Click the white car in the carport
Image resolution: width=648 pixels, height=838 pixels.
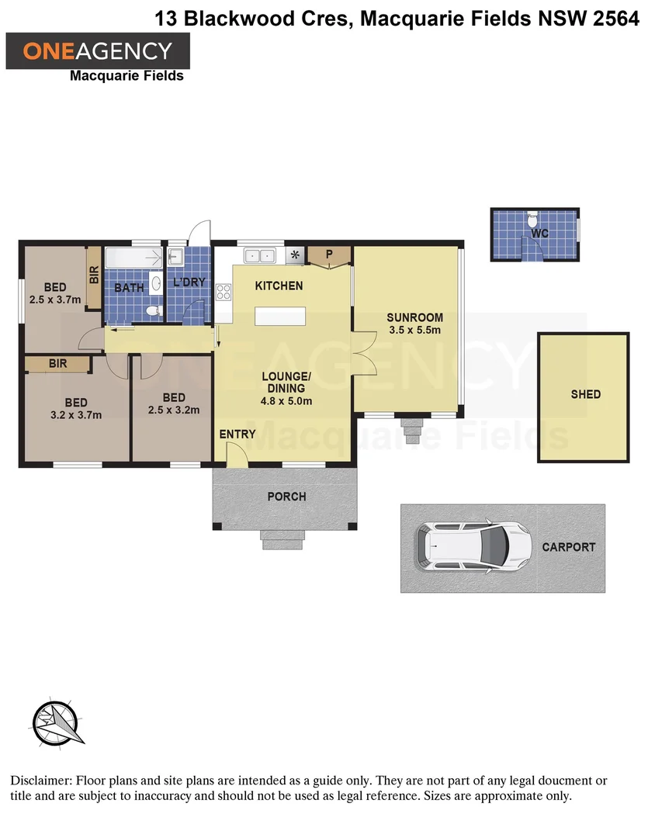pyautogui.click(x=473, y=548)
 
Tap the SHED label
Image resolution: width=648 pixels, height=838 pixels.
pyautogui.click(x=585, y=394)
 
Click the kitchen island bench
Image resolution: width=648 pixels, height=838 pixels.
pyautogui.click(x=280, y=317)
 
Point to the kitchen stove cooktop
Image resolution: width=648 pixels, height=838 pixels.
pyautogui.click(x=224, y=293)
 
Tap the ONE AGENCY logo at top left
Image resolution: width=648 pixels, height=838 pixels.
pyautogui.click(x=98, y=51)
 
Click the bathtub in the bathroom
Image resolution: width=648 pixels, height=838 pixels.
pyautogui.click(x=133, y=257)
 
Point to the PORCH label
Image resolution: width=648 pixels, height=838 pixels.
pyautogui.click(x=286, y=497)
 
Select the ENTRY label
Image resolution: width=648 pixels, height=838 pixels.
pyautogui.click(x=237, y=435)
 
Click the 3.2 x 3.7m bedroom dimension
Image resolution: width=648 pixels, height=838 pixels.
pyautogui.click(x=76, y=414)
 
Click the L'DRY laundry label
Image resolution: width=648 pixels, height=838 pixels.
pyautogui.click(x=189, y=282)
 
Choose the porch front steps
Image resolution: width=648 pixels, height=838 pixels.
pyautogui.click(x=282, y=539)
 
